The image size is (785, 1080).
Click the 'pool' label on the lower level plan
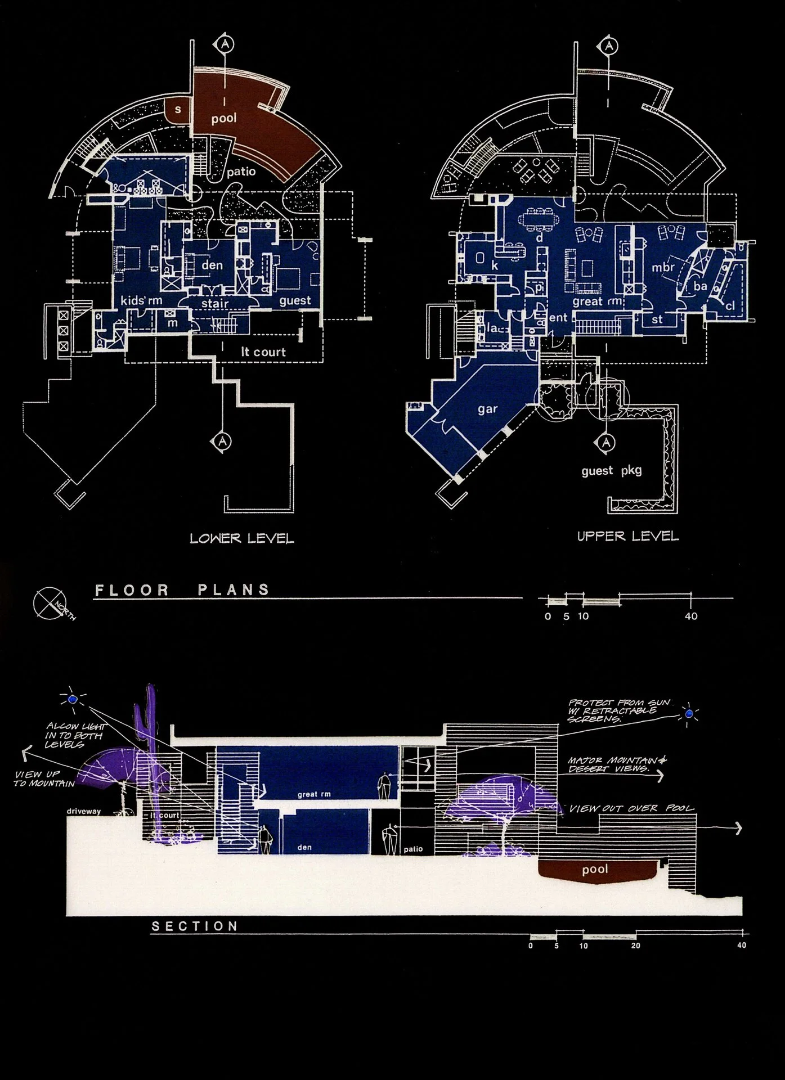pyautogui.click(x=224, y=119)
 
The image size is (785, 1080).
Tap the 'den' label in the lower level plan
pyautogui.click(x=212, y=265)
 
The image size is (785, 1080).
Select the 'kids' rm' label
pyautogui.click(x=141, y=300)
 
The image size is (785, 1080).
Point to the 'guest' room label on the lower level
pyautogui.click(x=295, y=300)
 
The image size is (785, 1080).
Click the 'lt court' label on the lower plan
pyautogui.click(x=263, y=352)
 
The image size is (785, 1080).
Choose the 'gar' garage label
pyautogui.click(x=487, y=409)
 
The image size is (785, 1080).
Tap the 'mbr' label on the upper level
pyautogui.click(x=663, y=268)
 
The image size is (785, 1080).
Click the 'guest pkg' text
pyautogui.click(x=612, y=470)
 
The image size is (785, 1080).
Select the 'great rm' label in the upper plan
pyautogui.click(x=598, y=301)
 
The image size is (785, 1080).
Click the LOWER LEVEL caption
pyautogui.click(x=242, y=538)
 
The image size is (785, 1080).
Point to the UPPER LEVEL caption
pyautogui.click(x=628, y=536)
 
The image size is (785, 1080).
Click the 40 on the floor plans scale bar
pyautogui.click(x=691, y=616)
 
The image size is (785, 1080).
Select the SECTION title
pyautogui.click(x=195, y=926)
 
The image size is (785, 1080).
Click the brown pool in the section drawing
pyautogui.click(x=595, y=870)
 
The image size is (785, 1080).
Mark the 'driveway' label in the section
pyautogui.click(x=83, y=812)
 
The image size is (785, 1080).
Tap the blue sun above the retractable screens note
pyautogui.click(x=689, y=714)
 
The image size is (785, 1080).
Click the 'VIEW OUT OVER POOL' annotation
pyautogui.click(x=632, y=809)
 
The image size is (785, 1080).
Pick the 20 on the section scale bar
pyautogui.click(x=635, y=946)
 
